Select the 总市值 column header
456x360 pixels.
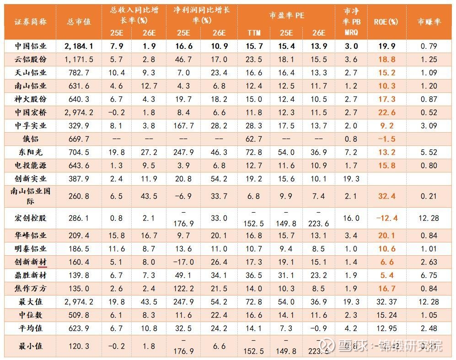pyautogui.click(x=79, y=21)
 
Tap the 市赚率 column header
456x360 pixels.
pyautogui.click(x=429, y=21)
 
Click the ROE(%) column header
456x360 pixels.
pyautogui.click(x=386, y=21)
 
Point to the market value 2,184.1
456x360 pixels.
pyautogui.click(x=79, y=46)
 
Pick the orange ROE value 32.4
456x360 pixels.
pyautogui.click(x=386, y=196)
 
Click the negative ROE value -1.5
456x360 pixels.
pyautogui.click(x=386, y=139)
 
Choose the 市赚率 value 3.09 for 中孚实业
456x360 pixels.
pyautogui.click(x=429, y=126)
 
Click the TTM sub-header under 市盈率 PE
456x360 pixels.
pyautogui.click(x=254, y=33)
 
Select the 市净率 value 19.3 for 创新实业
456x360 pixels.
pyautogui.click(x=351, y=179)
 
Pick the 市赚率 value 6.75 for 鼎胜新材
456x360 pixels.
pyautogui.click(x=429, y=275)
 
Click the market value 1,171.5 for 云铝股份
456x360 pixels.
pyautogui.click(x=79, y=59)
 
